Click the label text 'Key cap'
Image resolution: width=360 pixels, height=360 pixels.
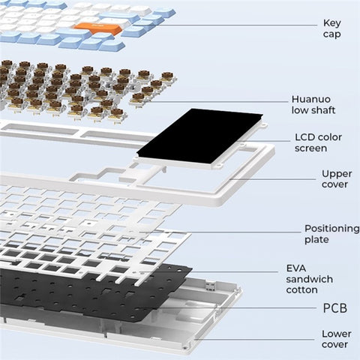pyautogui.click(x=331, y=28)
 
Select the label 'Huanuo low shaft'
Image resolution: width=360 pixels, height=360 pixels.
pyautogui.click(x=312, y=104)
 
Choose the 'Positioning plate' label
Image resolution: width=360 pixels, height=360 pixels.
pyautogui.click(x=331, y=234)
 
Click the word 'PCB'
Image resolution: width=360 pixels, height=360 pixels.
pyautogui.click(x=335, y=307)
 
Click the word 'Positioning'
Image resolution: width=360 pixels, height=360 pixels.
pyautogui.click(x=331, y=228)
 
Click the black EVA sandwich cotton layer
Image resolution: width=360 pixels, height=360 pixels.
pyautogui.click(x=90, y=289)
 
